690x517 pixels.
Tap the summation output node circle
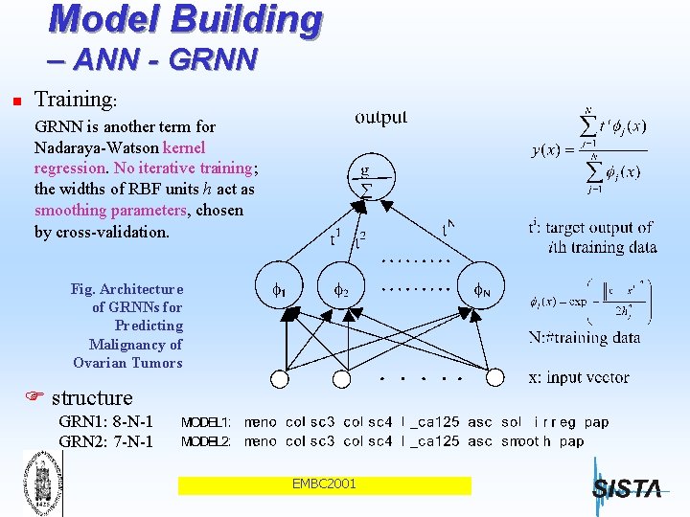tap(364, 179)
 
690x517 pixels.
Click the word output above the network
tap(380, 118)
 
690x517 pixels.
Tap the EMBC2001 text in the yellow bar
tap(324, 484)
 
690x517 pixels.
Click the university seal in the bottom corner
tap(37, 483)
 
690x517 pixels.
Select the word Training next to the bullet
tap(73, 99)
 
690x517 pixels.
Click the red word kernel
tap(184, 147)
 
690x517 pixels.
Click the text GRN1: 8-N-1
tap(105, 422)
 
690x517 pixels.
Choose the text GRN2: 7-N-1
tap(105, 441)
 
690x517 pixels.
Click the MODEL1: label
tap(206, 422)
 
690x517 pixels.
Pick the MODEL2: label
tap(206, 441)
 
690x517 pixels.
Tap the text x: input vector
tap(579, 377)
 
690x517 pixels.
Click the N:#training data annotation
tap(584, 337)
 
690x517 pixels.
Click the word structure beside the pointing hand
tap(92, 397)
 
